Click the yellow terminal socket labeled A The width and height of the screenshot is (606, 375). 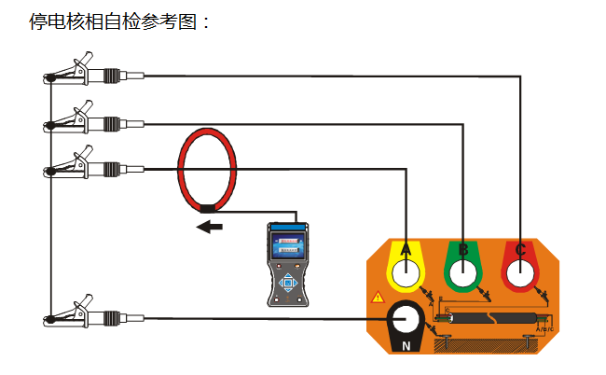(x=406, y=272)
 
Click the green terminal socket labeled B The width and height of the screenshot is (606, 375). (x=462, y=272)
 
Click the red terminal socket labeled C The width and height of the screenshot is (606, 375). (x=520, y=272)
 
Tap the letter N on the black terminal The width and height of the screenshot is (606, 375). (x=406, y=346)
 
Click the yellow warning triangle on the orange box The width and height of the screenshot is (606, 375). (x=378, y=298)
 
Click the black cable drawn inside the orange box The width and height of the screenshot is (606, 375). (x=489, y=317)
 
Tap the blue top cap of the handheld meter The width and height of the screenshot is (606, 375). (x=287, y=228)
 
